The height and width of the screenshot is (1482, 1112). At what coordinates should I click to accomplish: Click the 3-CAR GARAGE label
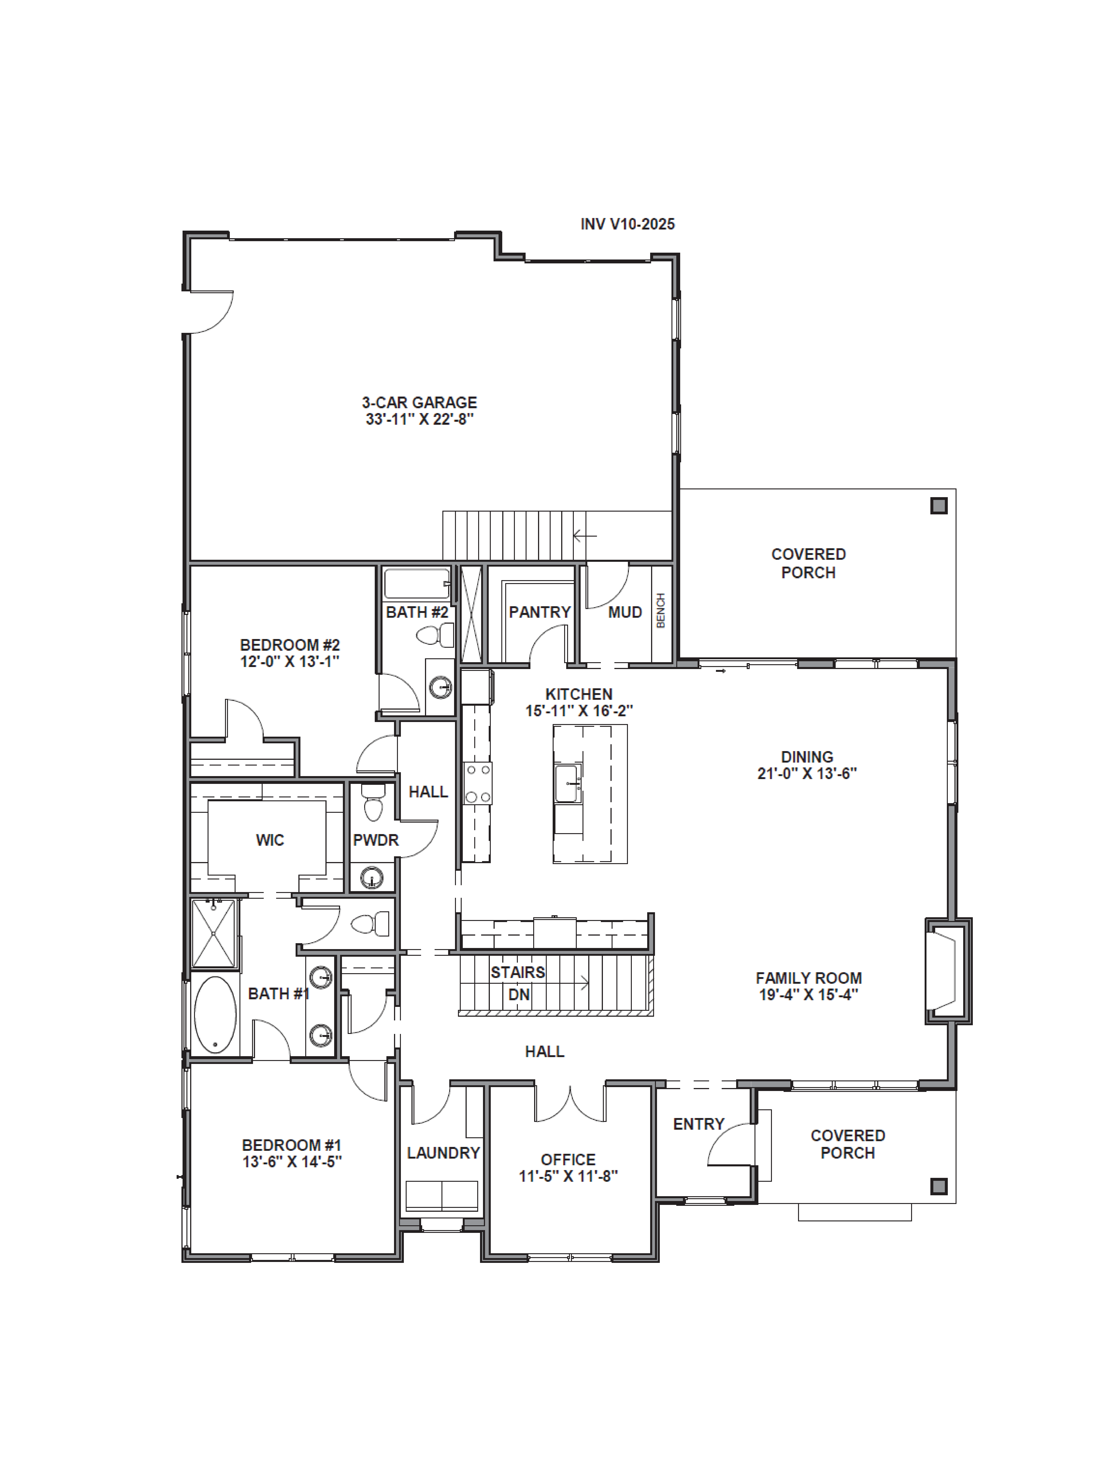click(x=420, y=403)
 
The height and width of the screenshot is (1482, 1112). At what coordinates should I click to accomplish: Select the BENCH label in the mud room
click(x=661, y=610)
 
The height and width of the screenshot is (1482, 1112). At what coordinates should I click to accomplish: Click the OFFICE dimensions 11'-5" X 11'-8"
click(x=568, y=1176)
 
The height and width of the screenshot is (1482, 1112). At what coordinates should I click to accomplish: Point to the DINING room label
click(x=807, y=757)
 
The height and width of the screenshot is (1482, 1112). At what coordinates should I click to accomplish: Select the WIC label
click(x=270, y=840)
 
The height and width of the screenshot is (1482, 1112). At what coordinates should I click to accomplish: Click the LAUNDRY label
click(x=443, y=1153)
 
